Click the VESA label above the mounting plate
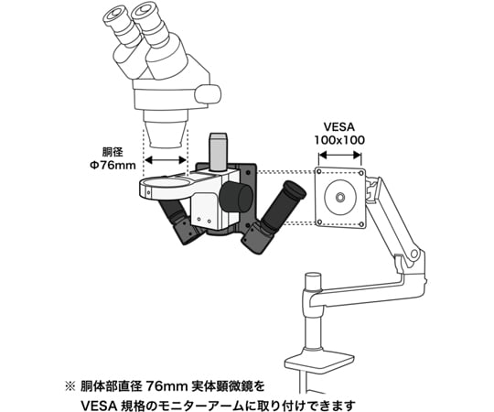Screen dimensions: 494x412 pyautogui.click(x=339, y=126)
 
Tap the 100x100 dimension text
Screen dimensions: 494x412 pyautogui.click(x=339, y=140)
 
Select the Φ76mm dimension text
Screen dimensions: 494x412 pyautogui.click(x=113, y=165)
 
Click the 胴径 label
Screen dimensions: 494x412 pyautogui.click(x=113, y=152)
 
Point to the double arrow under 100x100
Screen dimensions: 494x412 pyautogui.click(x=339, y=155)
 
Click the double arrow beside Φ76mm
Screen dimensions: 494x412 pyautogui.click(x=166, y=160)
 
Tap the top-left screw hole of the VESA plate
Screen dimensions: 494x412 pyautogui.click(x=319, y=172)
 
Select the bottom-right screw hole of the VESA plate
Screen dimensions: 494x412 pyautogui.click(x=361, y=224)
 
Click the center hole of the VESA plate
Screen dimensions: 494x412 pyautogui.click(x=340, y=198)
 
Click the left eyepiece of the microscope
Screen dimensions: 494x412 pyautogui.click(x=115, y=16)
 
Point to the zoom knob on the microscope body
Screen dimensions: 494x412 pyautogui.click(x=208, y=94)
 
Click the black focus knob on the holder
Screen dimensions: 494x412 pyautogui.click(x=236, y=198)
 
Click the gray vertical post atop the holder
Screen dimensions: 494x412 pyautogui.click(x=218, y=152)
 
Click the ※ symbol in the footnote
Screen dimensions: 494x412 pyautogui.click(x=70, y=386)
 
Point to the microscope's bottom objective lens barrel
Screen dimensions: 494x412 pyautogui.click(x=166, y=135)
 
